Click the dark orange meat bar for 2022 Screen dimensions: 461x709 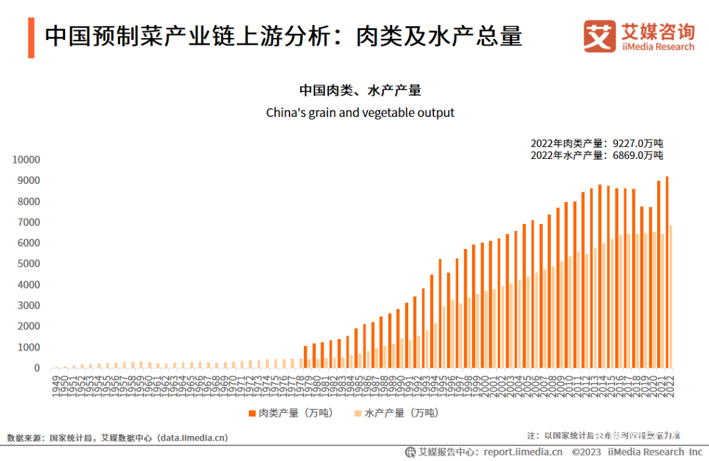667,272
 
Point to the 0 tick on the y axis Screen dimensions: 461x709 37,368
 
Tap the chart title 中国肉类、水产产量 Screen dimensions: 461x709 360,90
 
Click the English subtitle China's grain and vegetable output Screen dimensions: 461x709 360,113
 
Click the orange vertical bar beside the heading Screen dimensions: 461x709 31,37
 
